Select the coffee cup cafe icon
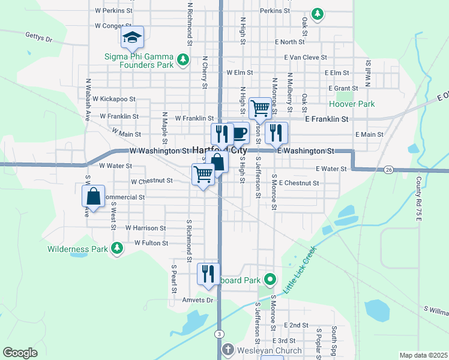coord(240,133)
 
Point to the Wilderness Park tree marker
coord(117,248)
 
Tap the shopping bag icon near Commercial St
coord(94,196)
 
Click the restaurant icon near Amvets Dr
coord(208,274)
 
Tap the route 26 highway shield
coord(389,170)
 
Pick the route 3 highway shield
coord(220,334)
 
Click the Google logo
coord(20,353)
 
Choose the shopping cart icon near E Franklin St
coord(260,108)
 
